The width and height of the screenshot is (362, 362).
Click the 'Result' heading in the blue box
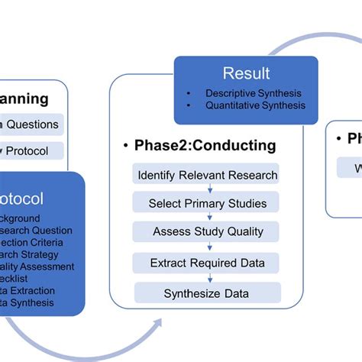[x=246, y=73]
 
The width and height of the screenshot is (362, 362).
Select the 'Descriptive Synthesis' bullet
[x=253, y=94]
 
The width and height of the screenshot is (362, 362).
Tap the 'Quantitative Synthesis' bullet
[x=254, y=106]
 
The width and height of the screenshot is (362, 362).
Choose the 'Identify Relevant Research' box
[x=207, y=175]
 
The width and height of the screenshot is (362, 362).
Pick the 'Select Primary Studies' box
[x=208, y=203]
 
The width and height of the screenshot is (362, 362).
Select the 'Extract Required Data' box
[x=208, y=263]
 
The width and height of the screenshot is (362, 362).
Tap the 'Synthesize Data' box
[x=208, y=293]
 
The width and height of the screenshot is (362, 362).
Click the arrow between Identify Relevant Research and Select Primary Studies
[x=208, y=189]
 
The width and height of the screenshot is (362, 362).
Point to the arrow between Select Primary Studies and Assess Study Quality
[x=208, y=218]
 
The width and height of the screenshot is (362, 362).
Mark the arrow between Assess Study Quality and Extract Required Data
[x=208, y=247]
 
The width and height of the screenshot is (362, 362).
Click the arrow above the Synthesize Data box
[x=208, y=278]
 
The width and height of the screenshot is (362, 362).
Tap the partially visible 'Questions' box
[x=31, y=124]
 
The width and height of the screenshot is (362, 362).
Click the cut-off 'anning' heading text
[x=24, y=99]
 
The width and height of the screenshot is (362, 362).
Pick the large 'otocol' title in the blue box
[x=22, y=199]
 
